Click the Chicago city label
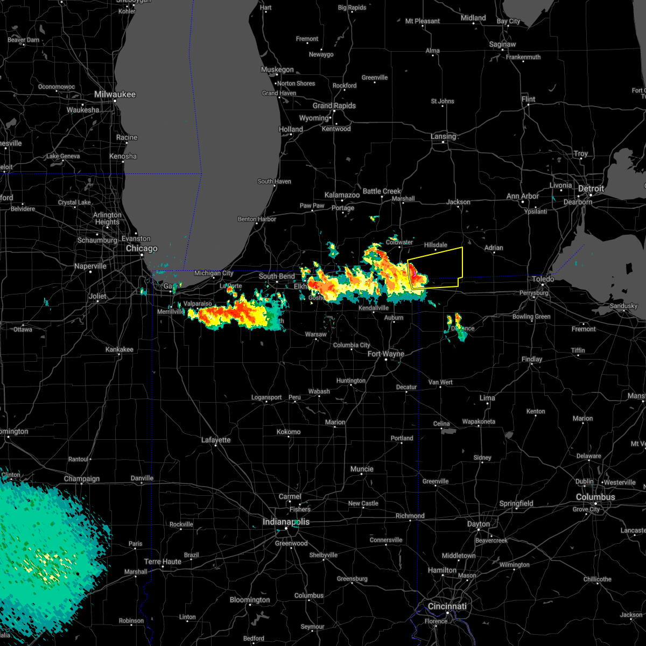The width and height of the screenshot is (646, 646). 142,248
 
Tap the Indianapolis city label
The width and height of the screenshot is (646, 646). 286,522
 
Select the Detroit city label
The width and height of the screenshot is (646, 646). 591,188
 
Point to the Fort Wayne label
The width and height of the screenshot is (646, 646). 386,354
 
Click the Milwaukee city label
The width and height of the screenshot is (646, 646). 115,94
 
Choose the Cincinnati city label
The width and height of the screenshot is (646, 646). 447,606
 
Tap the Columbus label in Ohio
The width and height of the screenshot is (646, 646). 595,497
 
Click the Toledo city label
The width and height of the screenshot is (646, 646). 543,279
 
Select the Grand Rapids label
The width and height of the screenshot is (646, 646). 334,106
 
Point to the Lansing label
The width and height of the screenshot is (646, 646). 443,136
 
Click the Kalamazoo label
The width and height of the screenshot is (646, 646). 342,195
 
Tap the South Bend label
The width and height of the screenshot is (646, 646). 277,276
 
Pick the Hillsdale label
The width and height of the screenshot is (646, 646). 436,245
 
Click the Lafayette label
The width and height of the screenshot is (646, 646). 216,440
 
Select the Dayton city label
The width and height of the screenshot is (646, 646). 479,524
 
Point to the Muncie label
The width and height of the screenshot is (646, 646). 362,469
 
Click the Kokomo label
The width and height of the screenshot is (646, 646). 289,432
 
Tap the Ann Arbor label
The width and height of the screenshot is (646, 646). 523,196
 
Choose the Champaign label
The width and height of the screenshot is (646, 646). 82,479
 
